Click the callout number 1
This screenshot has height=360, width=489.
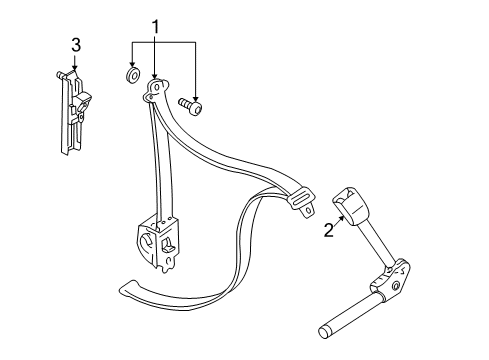(154, 25)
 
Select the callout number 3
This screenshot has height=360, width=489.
(75, 45)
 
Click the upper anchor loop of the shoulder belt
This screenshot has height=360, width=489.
(156, 93)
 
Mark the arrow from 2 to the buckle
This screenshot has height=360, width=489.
(337, 223)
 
